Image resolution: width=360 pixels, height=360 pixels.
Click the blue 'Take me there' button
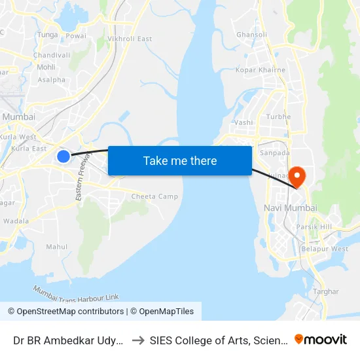click(180, 160)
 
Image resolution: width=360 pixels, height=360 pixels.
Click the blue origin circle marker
click(63, 156)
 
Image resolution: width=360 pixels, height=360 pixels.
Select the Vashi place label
click(243, 122)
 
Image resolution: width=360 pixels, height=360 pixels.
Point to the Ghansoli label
click(252, 35)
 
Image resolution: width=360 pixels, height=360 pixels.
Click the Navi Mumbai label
click(290, 207)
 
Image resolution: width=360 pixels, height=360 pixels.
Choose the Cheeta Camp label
click(154, 196)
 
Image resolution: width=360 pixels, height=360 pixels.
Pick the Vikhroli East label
click(130, 39)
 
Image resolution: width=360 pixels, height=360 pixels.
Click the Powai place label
click(76, 36)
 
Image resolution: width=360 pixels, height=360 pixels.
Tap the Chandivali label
click(52, 55)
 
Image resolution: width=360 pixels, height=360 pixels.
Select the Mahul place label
click(56, 247)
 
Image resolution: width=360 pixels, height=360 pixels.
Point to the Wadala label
click(16, 221)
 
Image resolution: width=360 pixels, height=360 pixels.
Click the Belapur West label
click(325, 249)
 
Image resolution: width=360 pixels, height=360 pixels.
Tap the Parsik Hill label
click(314, 227)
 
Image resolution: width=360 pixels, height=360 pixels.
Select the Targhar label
click(326, 291)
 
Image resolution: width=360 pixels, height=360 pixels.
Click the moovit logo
click(321, 339)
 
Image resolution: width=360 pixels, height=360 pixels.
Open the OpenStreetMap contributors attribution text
click(65, 312)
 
